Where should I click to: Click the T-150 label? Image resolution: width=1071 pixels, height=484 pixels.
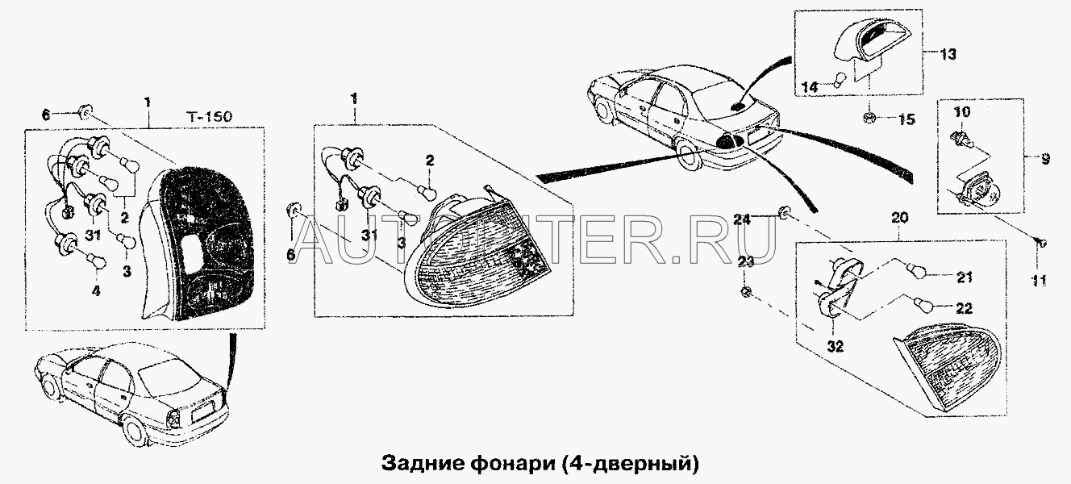click(x=208, y=117)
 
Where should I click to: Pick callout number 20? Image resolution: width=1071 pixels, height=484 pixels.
click(x=900, y=218)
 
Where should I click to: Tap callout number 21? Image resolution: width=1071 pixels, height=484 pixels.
click(x=964, y=277)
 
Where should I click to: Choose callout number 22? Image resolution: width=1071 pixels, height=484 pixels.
click(x=964, y=309)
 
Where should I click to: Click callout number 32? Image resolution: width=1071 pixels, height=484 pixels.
click(x=836, y=346)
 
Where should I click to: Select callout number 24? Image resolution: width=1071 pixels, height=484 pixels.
click(x=743, y=219)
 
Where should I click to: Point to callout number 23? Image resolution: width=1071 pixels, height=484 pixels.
click(x=746, y=261)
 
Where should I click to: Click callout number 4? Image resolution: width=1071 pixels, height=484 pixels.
click(x=96, y=290)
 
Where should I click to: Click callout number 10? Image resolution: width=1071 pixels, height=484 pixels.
click(x=962, y=112)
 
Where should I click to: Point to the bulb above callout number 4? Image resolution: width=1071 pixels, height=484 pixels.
click(x=95, y=261)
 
